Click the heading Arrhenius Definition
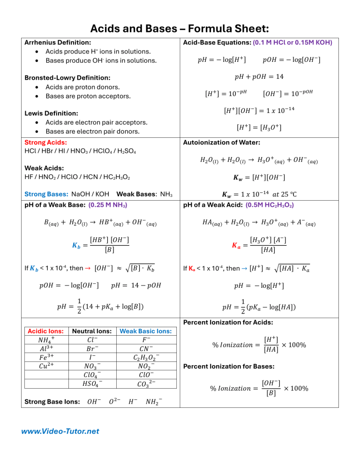click(x=57, y=42)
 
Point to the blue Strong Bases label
click(x=45, y=194)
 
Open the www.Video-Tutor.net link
click(x=60, y=431)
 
